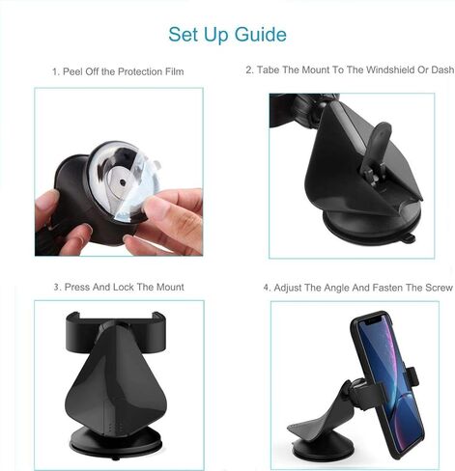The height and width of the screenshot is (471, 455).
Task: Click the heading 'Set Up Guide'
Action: tap(227, 35)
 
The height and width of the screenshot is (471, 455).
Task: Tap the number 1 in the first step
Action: tap(54, 72)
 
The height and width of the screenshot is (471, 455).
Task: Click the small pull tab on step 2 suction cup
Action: tap(410, 236)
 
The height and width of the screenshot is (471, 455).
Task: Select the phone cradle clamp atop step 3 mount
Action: tap(118, 328)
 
